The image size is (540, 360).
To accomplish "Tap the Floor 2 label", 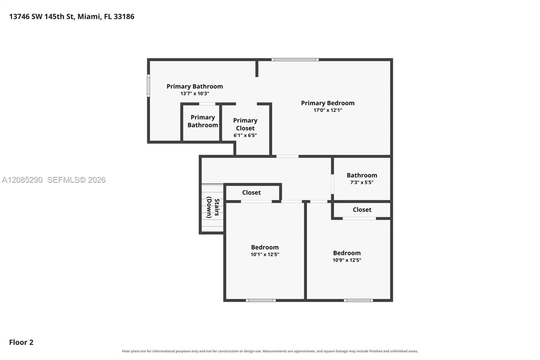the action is coord(21,342).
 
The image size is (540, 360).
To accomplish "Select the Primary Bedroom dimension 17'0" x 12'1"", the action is coord(328,110).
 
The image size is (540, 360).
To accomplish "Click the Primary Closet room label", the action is coord(245,124).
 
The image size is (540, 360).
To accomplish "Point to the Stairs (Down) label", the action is coord(213,207).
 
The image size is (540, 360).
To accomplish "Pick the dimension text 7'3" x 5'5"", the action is coord(361,182).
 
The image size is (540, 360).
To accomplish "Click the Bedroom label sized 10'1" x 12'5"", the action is coord(265,247).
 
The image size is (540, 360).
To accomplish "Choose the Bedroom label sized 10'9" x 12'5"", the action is coord(347,253).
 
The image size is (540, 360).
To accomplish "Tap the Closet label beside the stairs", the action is coord(251,192).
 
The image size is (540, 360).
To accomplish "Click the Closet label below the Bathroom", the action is coord(362,209).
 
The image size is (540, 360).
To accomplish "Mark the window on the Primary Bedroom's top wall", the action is coord(295,59).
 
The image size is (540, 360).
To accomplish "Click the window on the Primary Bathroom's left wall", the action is coord(148,86).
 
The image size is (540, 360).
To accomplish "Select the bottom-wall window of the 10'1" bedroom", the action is coord(261,301).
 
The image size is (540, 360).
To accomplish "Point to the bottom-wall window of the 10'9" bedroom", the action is coord(358,301).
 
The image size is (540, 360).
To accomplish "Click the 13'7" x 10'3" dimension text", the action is coord(194,94).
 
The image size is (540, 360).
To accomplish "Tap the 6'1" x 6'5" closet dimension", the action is coord(245,135).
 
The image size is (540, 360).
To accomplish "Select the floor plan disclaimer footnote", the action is coord(270,351).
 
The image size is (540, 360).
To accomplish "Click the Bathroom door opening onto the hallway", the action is coord(332,184).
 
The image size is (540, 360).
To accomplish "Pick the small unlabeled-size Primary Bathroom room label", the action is coord(203,121).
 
